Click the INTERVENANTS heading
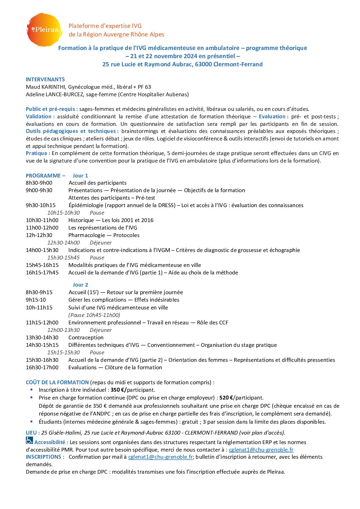point(45,80)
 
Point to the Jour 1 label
point(80,176)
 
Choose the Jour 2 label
point(80,285)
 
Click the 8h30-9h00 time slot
point(39,183)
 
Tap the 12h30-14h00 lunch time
point(63,243)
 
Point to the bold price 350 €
point(118,390)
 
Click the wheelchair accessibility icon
point(30,441)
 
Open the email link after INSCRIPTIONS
point(160,457)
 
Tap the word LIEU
point(31,433)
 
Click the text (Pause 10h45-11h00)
point(94,315)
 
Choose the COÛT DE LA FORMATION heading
point(57,383)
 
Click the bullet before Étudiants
point(32,422)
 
